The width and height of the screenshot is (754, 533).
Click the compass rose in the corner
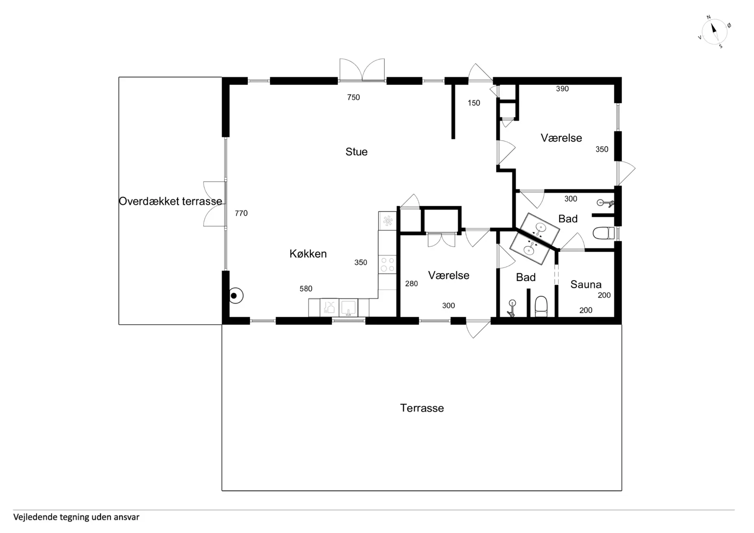(714, 31)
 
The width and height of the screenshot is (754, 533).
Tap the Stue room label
(357, 152)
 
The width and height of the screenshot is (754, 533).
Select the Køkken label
(308, 254)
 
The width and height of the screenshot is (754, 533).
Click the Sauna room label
(586, 284)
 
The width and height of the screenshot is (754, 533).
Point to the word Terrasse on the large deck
(422, 408)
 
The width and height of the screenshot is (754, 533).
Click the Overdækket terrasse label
(170, 201)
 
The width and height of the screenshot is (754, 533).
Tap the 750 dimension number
(353, 97)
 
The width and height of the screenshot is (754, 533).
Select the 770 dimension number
(241, 213)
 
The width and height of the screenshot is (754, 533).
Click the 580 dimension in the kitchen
(306, 289)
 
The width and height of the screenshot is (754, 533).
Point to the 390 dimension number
(562, 89)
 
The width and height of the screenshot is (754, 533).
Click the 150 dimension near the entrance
(474, 103)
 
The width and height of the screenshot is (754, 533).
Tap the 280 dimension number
(412, 284)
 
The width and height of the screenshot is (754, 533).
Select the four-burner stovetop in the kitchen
(388, 264)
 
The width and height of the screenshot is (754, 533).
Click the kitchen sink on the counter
(348, 308)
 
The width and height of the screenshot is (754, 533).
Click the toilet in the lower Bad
(541, 306)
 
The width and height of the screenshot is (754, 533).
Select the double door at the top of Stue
(362, 71)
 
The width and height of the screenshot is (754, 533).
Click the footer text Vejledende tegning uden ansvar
(76, 517)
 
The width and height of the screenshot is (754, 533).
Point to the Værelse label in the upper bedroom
(561, 138)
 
